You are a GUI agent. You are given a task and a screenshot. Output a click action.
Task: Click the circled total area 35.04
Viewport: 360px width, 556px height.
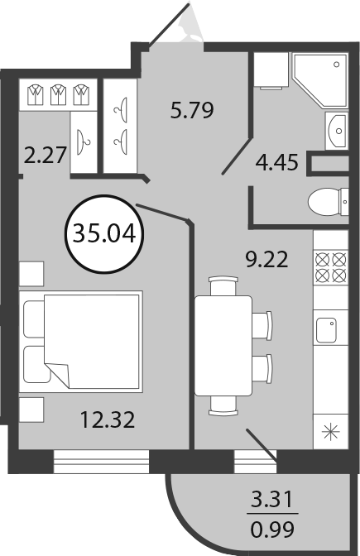click(104, 234)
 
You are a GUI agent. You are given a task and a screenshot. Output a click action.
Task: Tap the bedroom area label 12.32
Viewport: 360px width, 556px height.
click(108, 419)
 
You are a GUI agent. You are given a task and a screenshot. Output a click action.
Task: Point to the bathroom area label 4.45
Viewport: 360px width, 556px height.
click(277, 162)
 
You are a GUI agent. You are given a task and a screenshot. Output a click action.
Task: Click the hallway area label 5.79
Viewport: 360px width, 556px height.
click(192, 110)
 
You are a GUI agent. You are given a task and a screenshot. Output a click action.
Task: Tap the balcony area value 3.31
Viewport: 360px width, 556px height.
click(272, 499)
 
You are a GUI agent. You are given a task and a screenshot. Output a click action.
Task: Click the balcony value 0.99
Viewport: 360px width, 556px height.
click(272, 530)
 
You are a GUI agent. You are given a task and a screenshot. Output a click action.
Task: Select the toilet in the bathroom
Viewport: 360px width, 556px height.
click(328, 202)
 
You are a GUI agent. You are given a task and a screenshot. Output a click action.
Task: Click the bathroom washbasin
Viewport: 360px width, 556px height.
click(337, 131)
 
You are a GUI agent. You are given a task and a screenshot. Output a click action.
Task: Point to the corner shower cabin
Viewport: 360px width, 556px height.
click(319, 79)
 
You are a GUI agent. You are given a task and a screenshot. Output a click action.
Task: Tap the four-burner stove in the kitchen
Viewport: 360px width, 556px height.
click(330, 268)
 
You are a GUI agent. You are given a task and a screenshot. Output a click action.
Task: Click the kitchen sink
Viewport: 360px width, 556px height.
click(326, 330)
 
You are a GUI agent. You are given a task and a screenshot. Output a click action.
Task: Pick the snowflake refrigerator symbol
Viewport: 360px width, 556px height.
click(330, 432)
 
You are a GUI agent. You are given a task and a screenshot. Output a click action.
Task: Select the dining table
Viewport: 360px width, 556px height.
click(223, 346)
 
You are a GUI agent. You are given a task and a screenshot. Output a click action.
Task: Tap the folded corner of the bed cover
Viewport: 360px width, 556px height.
click(58, 374)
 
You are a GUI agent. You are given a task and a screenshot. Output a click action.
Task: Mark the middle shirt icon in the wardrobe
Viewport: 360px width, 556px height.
click(58, 94)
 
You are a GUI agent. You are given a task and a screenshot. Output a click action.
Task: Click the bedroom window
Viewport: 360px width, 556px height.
click(101, 462)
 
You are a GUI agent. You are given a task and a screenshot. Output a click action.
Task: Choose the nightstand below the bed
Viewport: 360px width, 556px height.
click(31, 410)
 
